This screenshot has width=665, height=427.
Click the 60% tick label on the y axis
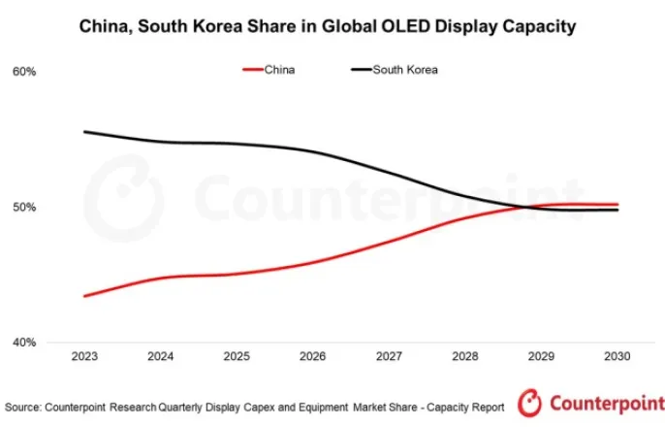tap(23, 72)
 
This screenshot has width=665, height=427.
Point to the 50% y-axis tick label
tap(23, 207)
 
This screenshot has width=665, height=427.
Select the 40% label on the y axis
tap(23, 342)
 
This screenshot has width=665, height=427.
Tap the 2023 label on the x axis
tap(84, 356)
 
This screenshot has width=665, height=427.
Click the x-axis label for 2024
tap(161, 356)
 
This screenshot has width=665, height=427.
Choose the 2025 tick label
tap(237, 356)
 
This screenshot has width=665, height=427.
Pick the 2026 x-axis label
tap(313, 356)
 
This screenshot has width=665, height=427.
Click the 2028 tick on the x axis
tap(465, 356)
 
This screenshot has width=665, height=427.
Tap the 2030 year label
tap(617, 356)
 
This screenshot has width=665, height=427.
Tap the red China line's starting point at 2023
tap(85, 296)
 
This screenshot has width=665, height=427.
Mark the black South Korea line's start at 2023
tap(85, 131)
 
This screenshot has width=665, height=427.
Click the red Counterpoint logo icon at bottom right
tap(530, 402)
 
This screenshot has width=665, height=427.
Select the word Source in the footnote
tap(25, 406)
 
